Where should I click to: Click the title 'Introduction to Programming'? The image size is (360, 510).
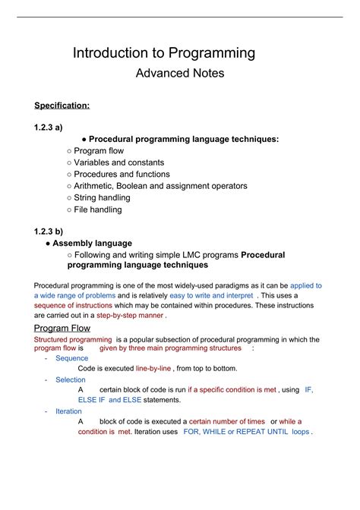pyautogui.click(x=163, y=53)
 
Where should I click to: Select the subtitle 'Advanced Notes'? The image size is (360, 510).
pyautogui.click(x=179, y=74)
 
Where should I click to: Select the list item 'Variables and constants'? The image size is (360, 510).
pyautogui.click(x=118, y=162)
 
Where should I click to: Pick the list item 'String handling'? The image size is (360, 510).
pyautogui.click(x=102, y=197)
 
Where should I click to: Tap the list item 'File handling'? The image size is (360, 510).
pyautogui.click(x=97, y=209)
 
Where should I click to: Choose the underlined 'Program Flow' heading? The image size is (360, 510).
pyautogui.click(x=62, y=328)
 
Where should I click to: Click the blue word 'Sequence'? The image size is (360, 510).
pyautogui.click(x=71, y=358)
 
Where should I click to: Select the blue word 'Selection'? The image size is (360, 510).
pyautogui.click(x=71, y=379)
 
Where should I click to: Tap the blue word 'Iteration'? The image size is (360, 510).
pyautogui.click(x=70, y=411)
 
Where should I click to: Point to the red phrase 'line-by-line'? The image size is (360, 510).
pyautogui.click(x=155, y=368)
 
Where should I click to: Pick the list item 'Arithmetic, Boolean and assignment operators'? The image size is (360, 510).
pyautogui.click(x=160, y=186)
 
